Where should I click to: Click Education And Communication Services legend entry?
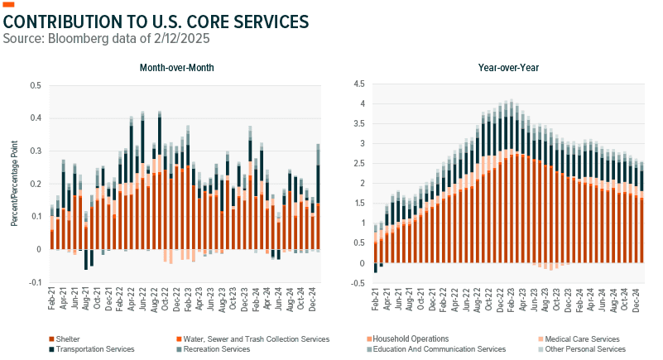(x=439, y=349)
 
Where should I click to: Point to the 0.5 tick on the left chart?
(x=35, y=85)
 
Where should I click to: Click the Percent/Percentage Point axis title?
(x=14, y=184)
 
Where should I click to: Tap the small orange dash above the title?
(x=10, y=6)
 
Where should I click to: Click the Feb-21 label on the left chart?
(x=51, y=300)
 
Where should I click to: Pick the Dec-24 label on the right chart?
(x=636, y=300)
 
